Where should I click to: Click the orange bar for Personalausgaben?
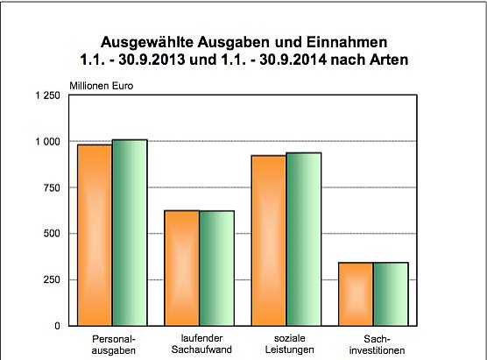coord(95,235)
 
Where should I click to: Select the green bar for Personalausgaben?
coord(130,232)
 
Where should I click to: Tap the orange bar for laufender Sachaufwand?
coord(181,268)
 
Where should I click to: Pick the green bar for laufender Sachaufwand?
coord(216,268)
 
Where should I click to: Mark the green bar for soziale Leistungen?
coord(303,239)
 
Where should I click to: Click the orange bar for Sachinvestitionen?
coord(355,293)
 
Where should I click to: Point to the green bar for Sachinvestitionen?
coord(390,293)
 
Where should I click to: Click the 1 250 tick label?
coord(47,95)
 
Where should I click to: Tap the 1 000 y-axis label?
coord(47,142)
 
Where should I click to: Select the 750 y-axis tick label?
coord(52,187)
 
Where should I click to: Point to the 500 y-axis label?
coord(52,234)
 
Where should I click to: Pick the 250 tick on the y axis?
coord(52,279)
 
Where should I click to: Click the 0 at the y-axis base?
coord(57,326)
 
